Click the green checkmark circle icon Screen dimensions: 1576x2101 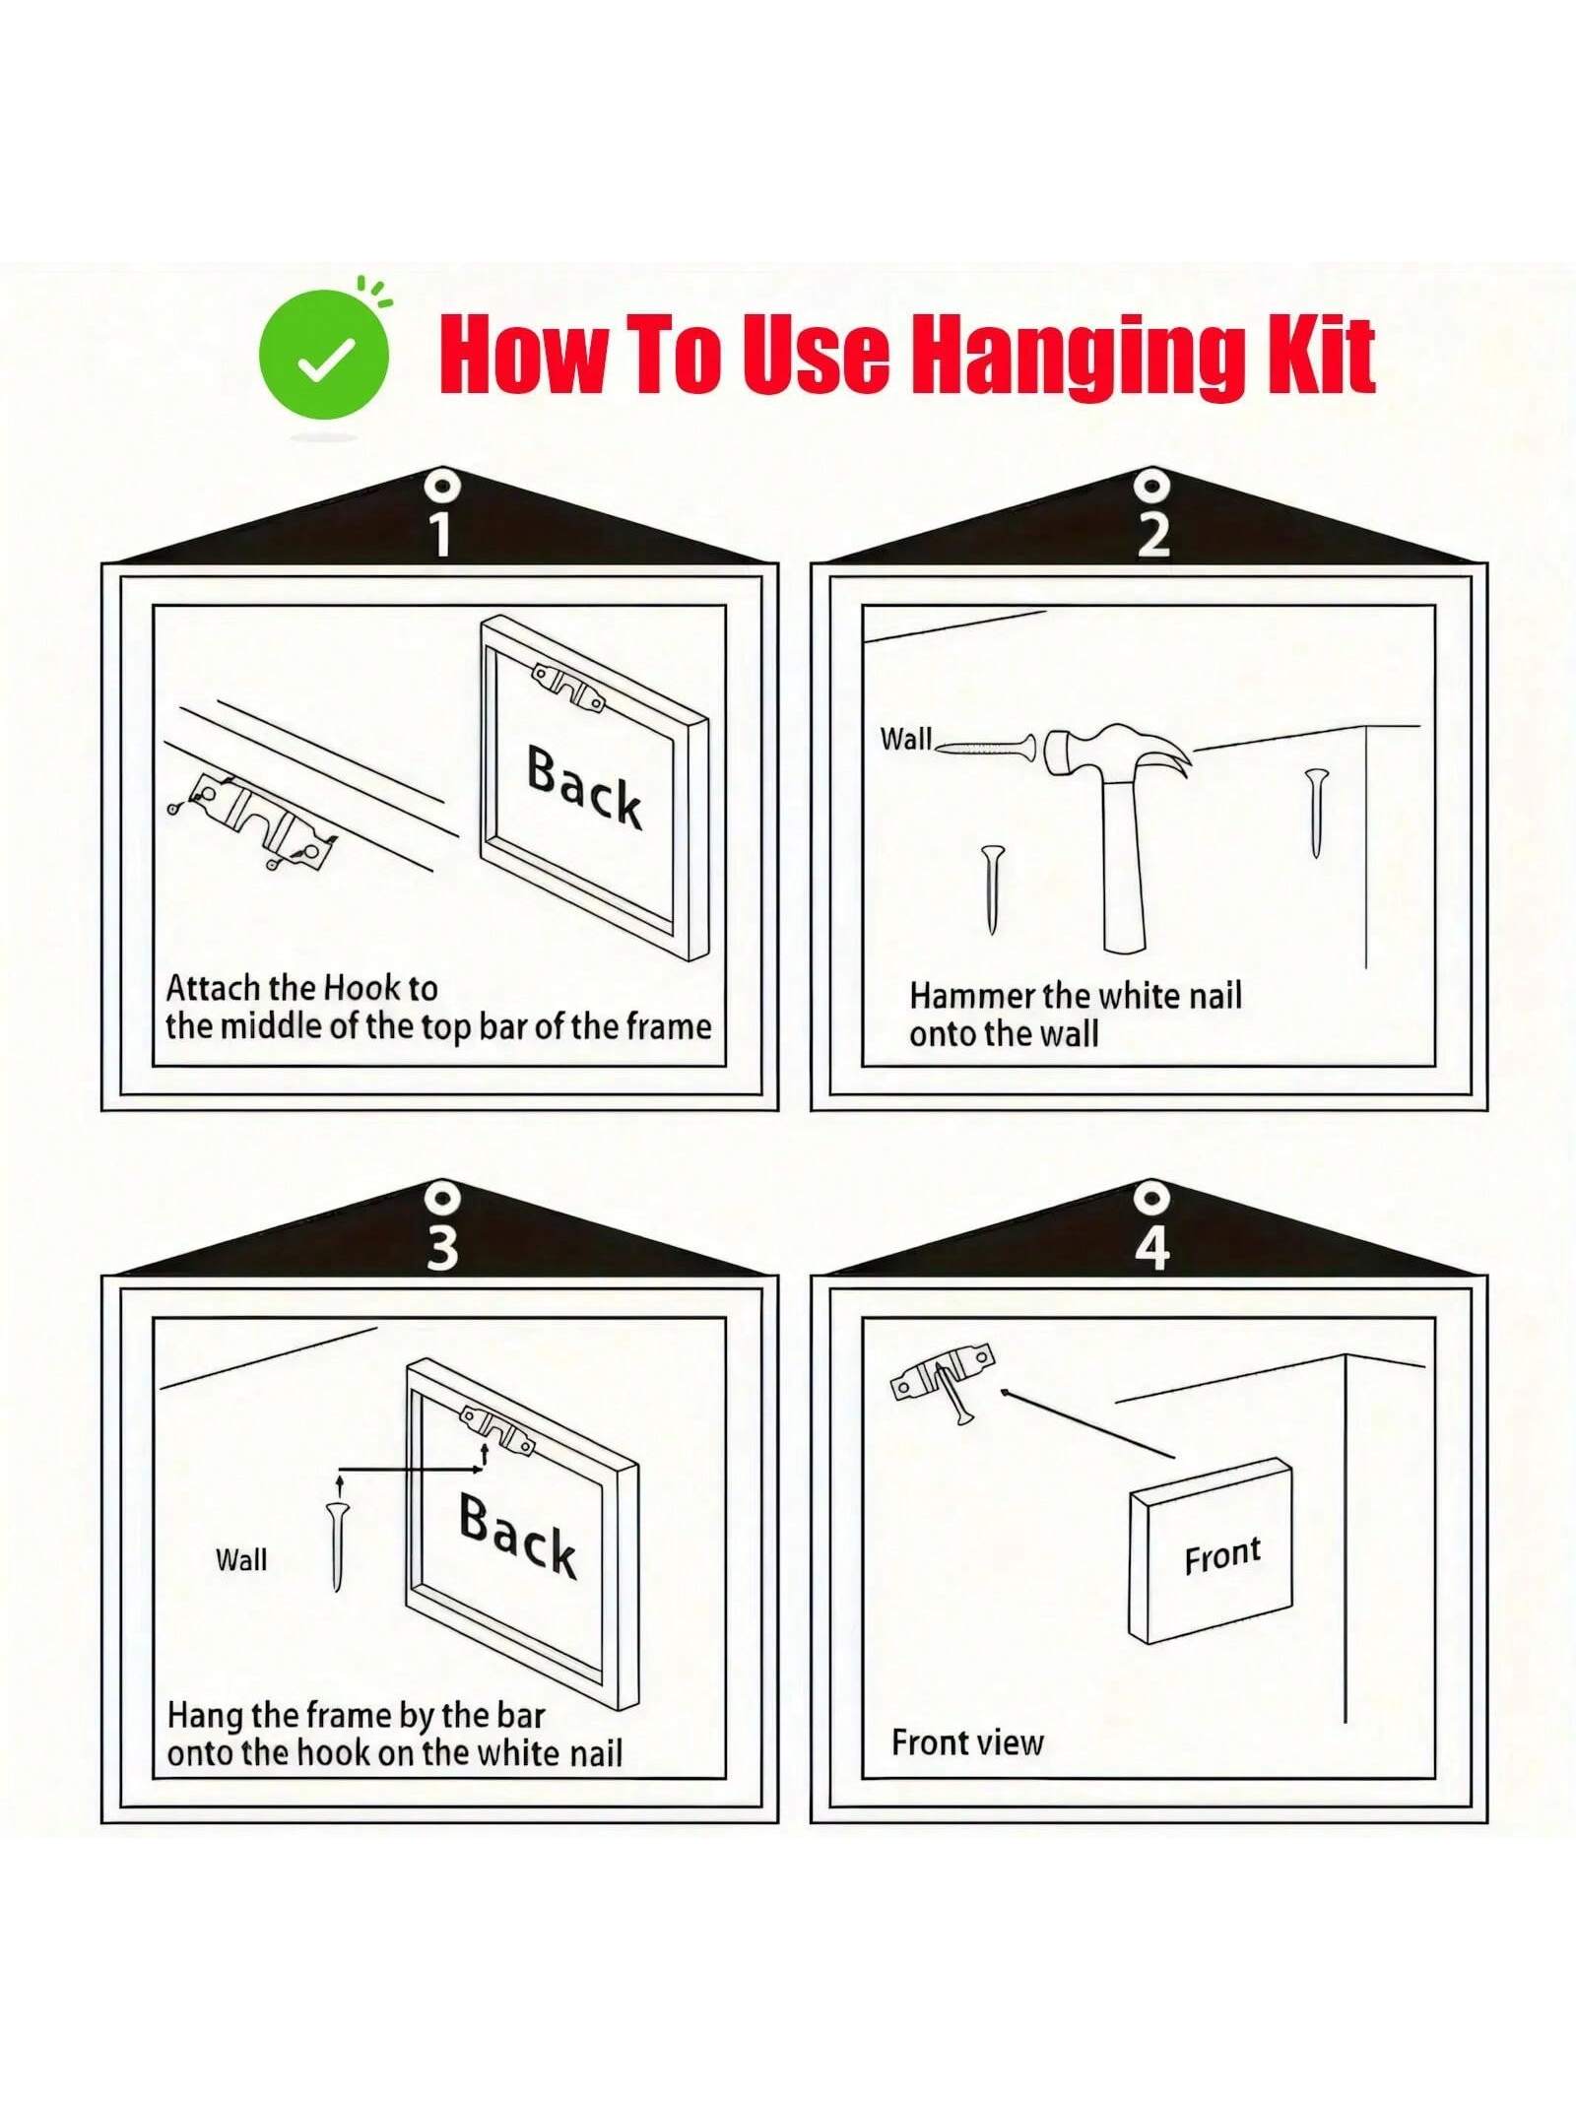click(x=324, y=355)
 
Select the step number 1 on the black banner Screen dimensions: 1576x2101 click(x=441, y=534)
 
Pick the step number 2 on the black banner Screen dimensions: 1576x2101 click(x=1152, y=534)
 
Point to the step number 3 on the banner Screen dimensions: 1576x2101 click(x=442, y=1247)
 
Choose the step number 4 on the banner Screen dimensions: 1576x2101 click(x=1152, y=1247)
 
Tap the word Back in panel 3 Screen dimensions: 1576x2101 click(x=518, y=1535)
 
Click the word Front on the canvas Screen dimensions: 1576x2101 click(x=1222, y=1555)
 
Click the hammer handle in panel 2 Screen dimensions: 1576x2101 click(x=1124, y=867)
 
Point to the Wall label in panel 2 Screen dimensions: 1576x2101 click(x=905, y=739)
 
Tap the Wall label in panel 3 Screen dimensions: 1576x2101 click(x=241, y=1559)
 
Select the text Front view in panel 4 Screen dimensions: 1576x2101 click(x=967, y=1742)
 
